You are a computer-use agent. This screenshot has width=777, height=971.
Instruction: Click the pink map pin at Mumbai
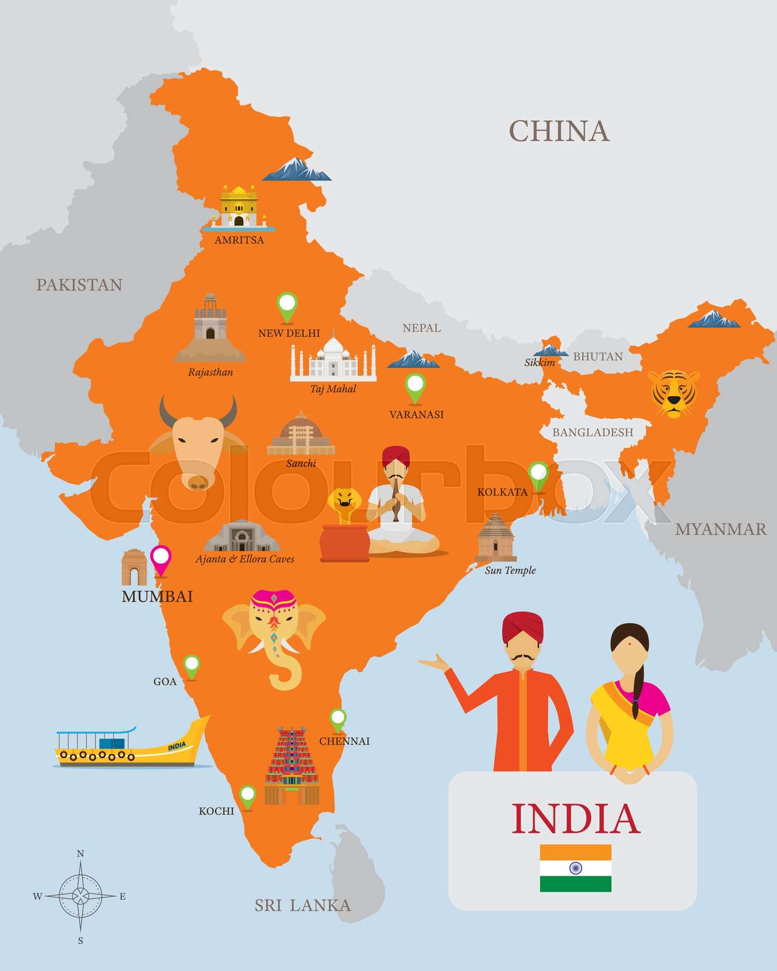(x=161, y=558)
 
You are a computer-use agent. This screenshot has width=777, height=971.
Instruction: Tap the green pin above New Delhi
(x=287, y=305)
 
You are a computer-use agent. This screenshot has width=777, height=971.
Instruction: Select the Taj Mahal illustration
(x=333, y=359)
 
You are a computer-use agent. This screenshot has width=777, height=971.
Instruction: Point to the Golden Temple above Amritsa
(x=239, y=206)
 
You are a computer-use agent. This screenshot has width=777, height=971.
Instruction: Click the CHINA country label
(x=558, y=131)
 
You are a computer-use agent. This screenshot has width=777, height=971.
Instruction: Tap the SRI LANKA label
(x=302, y=905)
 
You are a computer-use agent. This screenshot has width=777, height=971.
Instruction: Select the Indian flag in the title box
(x=575, y=868)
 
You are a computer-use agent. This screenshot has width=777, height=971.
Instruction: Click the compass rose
(x=80, y=896)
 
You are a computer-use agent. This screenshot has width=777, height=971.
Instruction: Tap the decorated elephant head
(x=274, y=631)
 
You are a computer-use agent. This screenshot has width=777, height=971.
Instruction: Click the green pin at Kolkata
(x=538, y=474)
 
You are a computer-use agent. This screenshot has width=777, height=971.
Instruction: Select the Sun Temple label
(x=510, y=570)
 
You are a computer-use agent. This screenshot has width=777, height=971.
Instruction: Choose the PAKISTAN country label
(x=80, y=285)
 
